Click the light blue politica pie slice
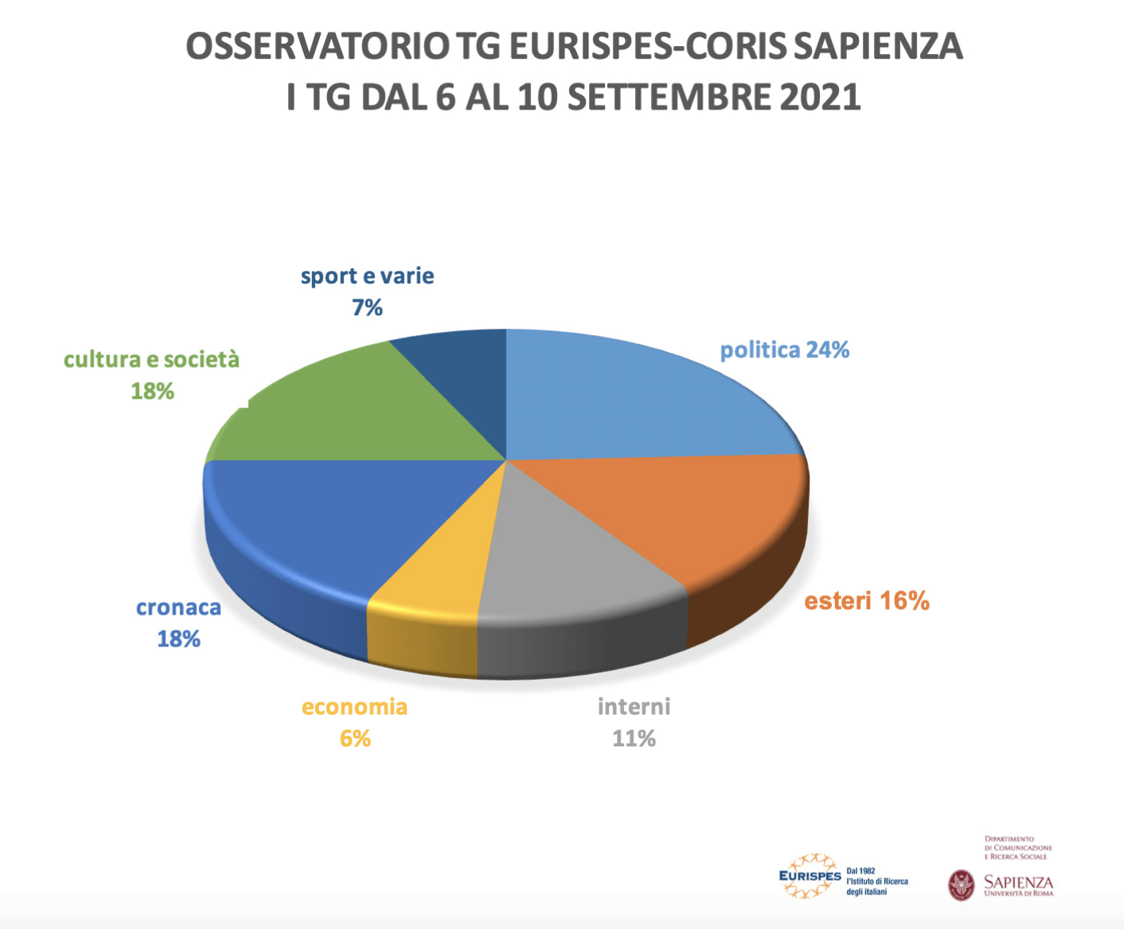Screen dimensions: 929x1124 tap(627, 397)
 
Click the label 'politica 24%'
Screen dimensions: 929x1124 tap(784, 350)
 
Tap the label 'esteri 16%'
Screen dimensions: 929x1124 tap(867, 601)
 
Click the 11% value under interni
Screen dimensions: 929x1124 tap(633, 739)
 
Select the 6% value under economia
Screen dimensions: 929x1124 tap(355, 739)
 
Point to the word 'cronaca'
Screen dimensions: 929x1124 tap(179, 608)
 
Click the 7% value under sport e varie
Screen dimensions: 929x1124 tap(368, 308)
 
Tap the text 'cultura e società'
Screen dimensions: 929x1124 tap(152, 360)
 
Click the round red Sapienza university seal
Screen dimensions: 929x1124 tap(961, 885)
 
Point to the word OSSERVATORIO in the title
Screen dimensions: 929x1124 tap(318, 47)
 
